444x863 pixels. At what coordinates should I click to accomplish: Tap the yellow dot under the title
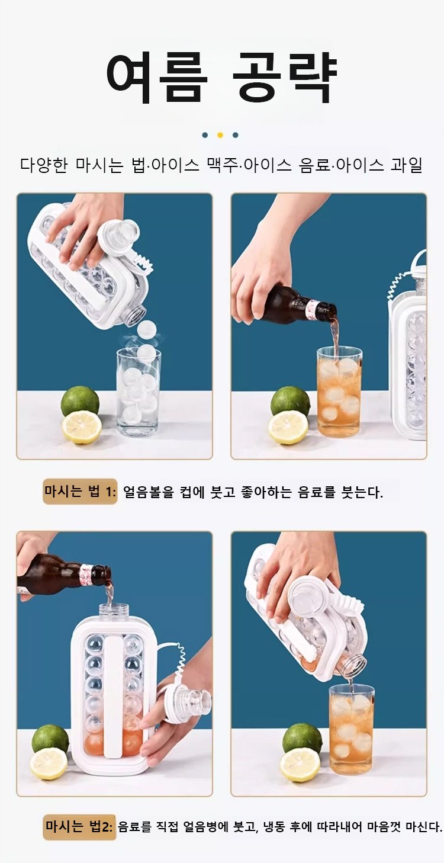pos(220,135)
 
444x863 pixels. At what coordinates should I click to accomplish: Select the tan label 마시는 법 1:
pos(80,491)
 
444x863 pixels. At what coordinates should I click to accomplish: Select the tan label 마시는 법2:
pos(79,826)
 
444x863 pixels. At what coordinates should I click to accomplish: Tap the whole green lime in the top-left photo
pos(80,401)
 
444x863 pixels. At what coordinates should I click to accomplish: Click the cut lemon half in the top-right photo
pos(288,427)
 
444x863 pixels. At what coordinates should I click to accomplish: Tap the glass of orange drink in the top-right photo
pos(339,392)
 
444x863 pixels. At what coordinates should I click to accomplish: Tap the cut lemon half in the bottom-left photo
pos(49,763)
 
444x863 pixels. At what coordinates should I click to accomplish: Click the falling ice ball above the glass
pos(147,331)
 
